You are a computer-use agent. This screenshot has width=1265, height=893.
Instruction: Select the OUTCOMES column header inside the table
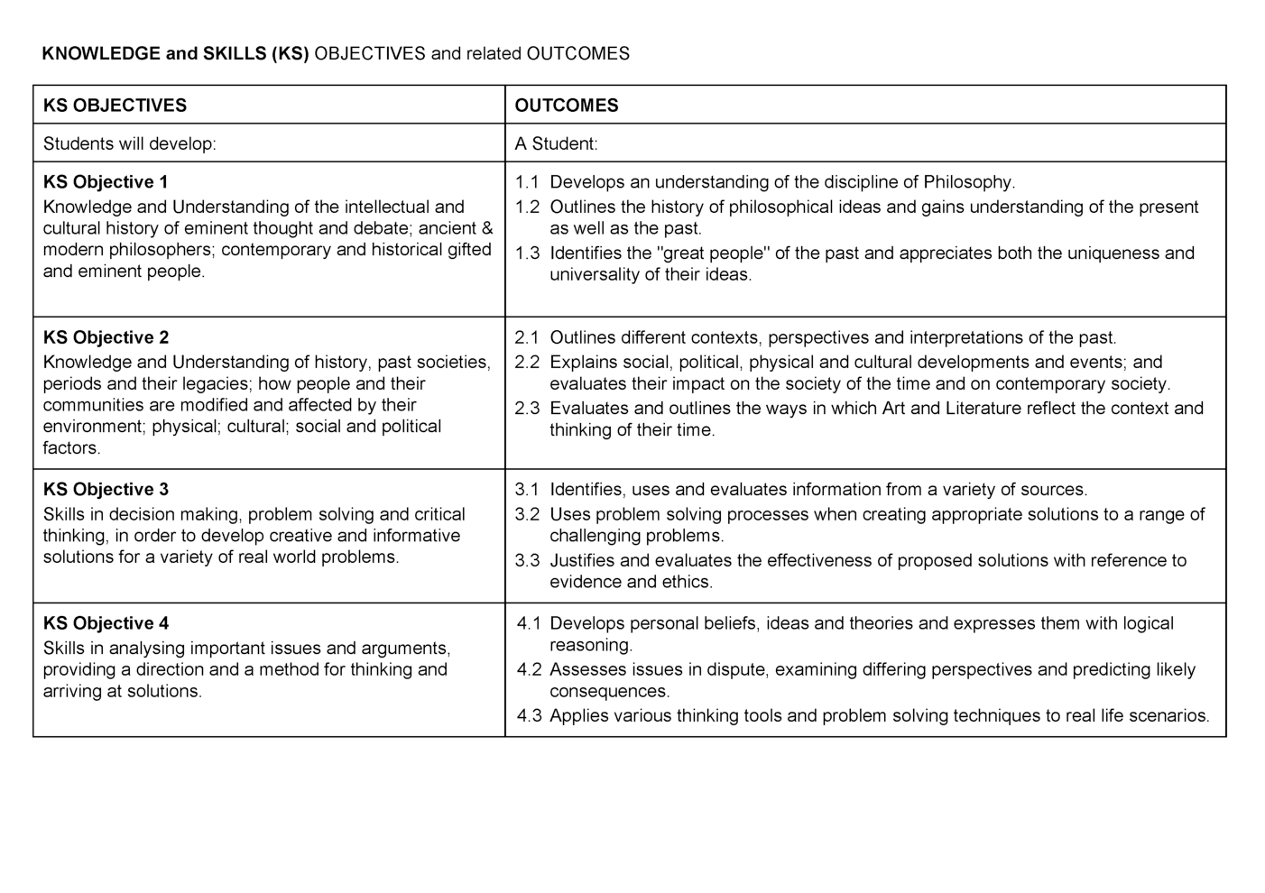tap(566, 106)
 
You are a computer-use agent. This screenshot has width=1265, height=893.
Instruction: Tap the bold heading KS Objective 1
tap(106, 181)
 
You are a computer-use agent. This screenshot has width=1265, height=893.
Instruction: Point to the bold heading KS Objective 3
tap(106, 490)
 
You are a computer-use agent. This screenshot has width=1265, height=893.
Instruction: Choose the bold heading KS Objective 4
tap(106, 623)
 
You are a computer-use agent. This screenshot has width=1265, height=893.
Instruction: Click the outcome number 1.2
tap(527, 207)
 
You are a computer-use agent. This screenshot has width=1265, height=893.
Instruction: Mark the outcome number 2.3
tap(527, 409)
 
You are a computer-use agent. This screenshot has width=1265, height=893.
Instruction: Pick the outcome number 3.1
tap(527, 490)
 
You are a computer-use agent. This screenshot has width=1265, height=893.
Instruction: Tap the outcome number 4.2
tap(529, 669)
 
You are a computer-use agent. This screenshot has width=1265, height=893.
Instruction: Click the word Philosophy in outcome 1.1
tap(968, 181)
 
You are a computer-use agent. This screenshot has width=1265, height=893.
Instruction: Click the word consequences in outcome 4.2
tap(608, 692)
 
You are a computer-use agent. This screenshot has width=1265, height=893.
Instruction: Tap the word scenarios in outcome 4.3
tap(1171, 716)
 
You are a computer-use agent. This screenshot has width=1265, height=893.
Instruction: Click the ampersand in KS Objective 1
tap(487, 228)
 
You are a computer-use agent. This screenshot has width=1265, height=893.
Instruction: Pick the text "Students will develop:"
tap(129, 143)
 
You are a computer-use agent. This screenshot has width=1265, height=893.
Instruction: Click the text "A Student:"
tap(556, 143)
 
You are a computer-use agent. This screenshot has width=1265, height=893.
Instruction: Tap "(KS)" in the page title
tap(290, 53)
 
